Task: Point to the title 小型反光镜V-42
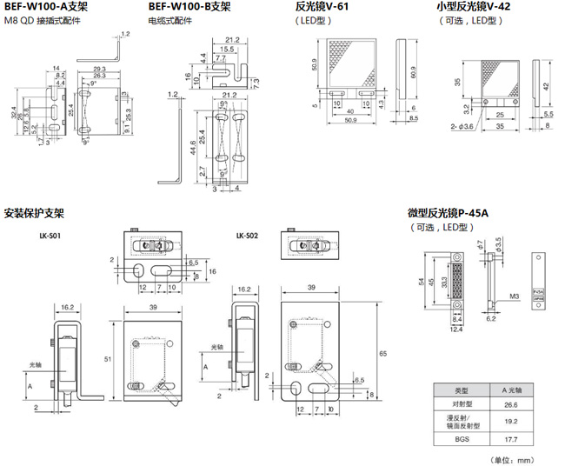point(473,8)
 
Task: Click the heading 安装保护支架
point(34,213)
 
